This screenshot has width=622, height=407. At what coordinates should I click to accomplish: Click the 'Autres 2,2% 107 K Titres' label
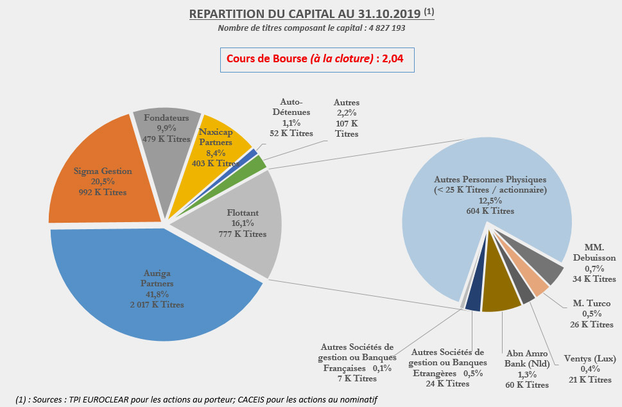pyautogui.click(x=347, y=118)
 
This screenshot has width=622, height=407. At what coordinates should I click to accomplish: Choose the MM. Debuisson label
pyautogui.click(x=591, y=264)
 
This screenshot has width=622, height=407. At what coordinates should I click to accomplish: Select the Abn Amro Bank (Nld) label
pyautogui.click(x=528, y=368)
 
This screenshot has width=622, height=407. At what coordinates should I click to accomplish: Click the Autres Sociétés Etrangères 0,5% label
pyautogui.click(x=448, y=368)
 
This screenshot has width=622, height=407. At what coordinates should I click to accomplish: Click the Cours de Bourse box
pyautogui.click(x=317, y=60)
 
